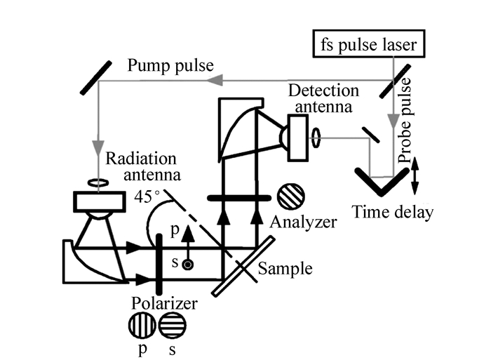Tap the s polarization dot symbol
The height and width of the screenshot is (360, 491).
(x=187, y=265)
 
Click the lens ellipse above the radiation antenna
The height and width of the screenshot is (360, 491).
(x=96, y=184)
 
